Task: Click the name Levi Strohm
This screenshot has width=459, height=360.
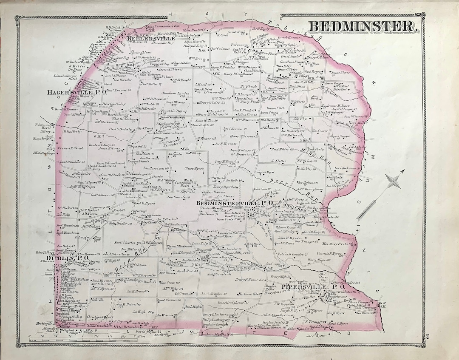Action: coord(212,294)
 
